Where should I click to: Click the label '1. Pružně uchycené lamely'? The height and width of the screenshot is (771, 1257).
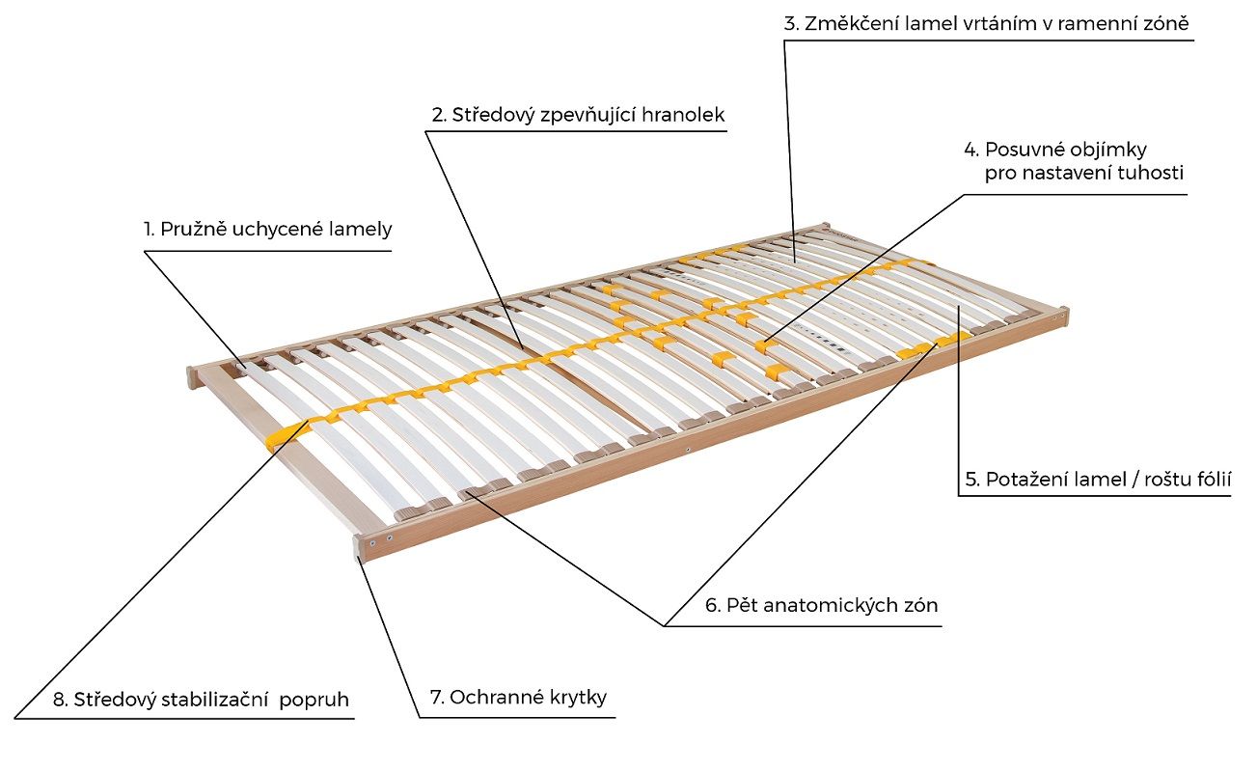pyautogui.click(x=268, y=230)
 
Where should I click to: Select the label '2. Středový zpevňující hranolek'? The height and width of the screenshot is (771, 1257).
pyautogui.click(x=577, y=115)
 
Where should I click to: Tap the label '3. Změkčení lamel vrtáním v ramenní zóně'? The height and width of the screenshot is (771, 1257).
pyautogui.click(x=987, y=23)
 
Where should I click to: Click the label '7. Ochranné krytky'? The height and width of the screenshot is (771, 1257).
pyautogui.click(x=517, y=697)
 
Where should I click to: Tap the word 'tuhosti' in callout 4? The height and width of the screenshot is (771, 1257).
pyautogui.click(x=1150, y=174)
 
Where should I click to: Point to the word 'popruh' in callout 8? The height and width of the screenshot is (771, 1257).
pyautogui.click(x=314, y=700)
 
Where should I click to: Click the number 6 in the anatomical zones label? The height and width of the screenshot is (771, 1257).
pyautogui.click(x=712, y=606)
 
